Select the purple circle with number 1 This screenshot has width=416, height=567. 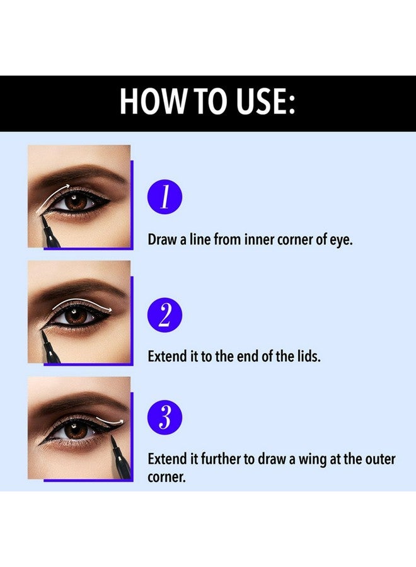tap(165, 198)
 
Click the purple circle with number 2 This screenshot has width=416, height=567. tap(165, 314)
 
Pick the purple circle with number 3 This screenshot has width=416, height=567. tap(165, 417)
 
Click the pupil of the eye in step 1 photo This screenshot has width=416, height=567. tap(77, 203)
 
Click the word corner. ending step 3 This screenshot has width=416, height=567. tap(166, 477)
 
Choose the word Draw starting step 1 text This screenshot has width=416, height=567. tap(162, 240)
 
